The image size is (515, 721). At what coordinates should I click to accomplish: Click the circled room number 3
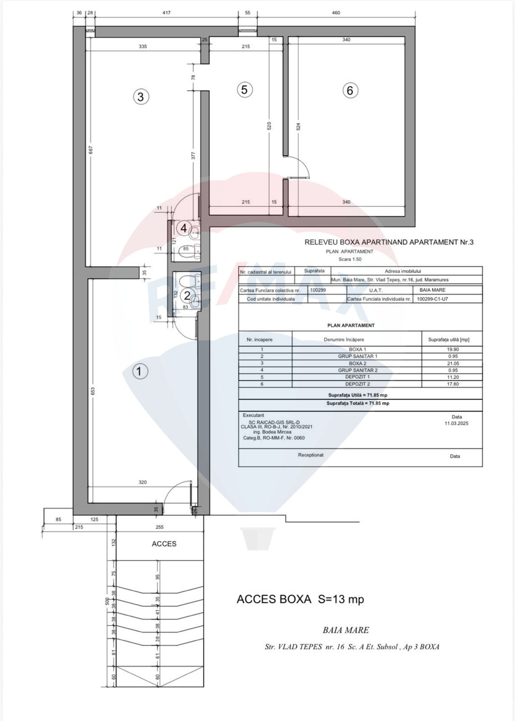tap(141, 97)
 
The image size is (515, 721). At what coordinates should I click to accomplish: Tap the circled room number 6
tap(350, 90)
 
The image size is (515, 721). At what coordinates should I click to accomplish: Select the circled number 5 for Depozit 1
tap(245, 90)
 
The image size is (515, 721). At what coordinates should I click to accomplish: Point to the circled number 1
tap(139, 371)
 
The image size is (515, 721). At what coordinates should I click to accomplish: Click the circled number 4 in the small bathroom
tap(184, 228)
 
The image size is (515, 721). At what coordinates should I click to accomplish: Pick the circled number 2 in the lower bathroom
tap(187, 296)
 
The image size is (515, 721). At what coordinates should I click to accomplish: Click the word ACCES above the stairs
tap(164, 544)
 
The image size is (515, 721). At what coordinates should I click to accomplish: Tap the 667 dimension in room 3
tap(91, 150)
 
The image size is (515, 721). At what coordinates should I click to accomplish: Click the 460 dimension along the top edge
tap(336, 13)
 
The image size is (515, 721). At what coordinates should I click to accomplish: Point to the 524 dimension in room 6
tap(298, 127)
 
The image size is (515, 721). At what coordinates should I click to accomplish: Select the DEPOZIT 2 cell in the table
tap(357, 384)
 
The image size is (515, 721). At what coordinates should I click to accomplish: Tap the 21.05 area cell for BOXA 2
tap(453, 363)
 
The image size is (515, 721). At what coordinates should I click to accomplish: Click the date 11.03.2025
tap(456, 423)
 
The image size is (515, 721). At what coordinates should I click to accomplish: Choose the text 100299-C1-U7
tap(432, 299)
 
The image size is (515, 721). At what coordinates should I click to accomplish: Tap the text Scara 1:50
tap(350, 259)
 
